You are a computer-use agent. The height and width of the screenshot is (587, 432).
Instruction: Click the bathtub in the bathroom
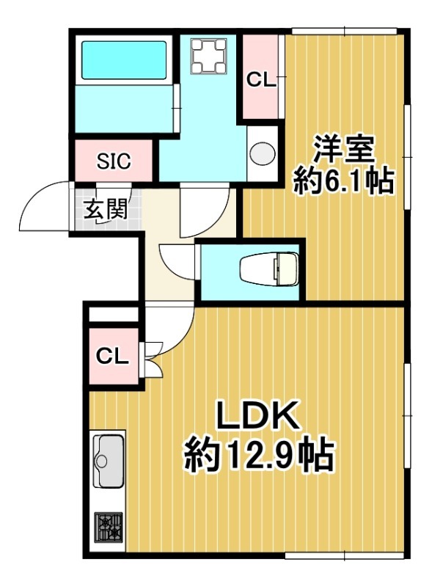(x=124, y=60)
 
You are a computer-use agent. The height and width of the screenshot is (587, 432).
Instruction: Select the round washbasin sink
(x=262, y=153)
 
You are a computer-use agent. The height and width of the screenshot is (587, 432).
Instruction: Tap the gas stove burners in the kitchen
(x=109, y=526)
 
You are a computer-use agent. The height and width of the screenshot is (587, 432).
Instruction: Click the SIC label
(x=114, y=161)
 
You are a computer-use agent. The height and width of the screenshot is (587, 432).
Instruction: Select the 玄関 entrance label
(x=105, y=211)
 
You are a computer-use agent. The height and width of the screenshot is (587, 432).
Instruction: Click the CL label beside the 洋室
(x=261, y=80)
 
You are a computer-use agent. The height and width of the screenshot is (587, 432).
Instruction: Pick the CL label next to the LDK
(x=112, y=356)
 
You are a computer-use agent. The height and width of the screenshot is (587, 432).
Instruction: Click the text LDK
(x=258, y=415)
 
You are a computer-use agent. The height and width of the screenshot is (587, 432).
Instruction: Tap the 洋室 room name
(x=344, y=149)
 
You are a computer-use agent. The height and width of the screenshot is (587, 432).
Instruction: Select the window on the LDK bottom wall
(x=345, y=559)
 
